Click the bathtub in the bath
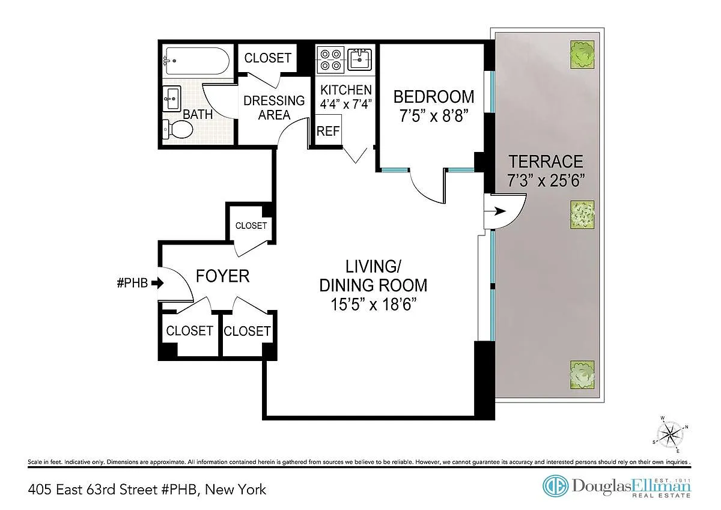coord(196,61)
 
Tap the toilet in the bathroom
coord(178,129)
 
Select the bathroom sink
coord(172,99)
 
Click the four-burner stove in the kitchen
coord(330,60)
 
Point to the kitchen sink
coord(359,59)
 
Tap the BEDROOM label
coord(434,97)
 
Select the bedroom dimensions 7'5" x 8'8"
coord(433,115)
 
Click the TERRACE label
coord(546,161)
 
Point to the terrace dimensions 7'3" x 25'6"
coord(546,180)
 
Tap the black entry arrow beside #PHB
coord(157,283)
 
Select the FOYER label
coord(223,276)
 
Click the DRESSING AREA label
coord(274,108)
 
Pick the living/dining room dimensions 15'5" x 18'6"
coord(373,304)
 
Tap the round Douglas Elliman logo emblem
coord(556,486)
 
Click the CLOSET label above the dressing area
coord(268,58)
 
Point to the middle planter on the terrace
coord(582,214)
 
